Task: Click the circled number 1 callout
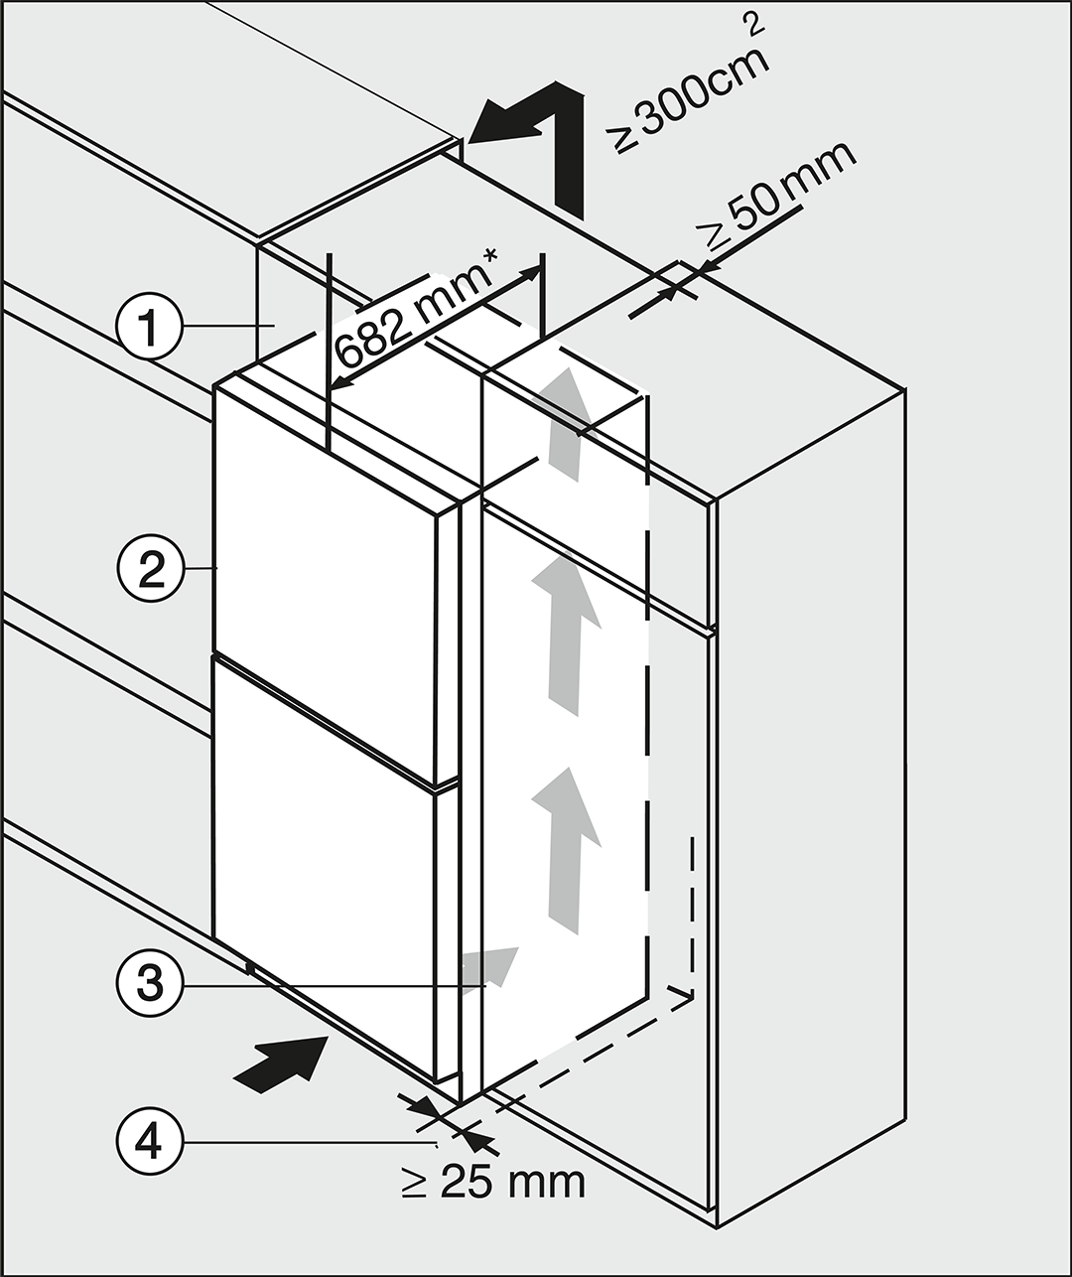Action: [150, 326]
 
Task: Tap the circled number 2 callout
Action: [150, 569]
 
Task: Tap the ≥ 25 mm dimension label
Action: [493, 1181]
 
